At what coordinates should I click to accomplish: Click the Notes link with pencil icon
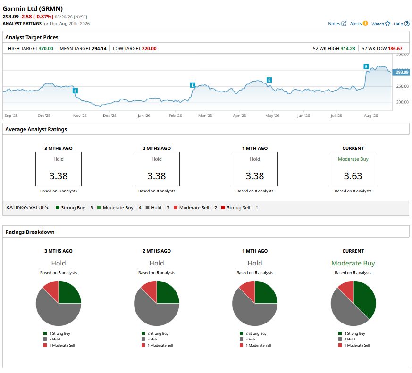[x=337, y=24]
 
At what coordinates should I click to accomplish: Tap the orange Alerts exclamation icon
[x=365, y=24]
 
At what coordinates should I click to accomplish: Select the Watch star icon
[x=387, y=24]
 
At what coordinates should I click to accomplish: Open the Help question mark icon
[x=407, y=24]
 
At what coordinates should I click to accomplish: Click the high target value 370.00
[x=46, y=48]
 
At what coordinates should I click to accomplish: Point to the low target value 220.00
[x=149, y=48]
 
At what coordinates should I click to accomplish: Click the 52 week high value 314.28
[x=348, y=48]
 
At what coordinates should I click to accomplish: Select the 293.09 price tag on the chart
[x=401, y=72]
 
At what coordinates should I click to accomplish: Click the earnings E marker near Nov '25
[x=76, y=91]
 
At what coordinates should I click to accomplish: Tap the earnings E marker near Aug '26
[x=366, y=66]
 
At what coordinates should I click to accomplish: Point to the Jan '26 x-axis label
[x=144, y=116]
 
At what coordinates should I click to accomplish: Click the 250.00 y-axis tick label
[x=402, y=86]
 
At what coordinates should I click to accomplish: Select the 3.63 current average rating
[x=353, y=176]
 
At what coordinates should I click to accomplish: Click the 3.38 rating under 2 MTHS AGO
[x=157, y=176]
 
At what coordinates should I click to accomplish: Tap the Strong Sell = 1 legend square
[x=223, y=207]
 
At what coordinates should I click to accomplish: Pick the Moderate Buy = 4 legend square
[x=99, y=207]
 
